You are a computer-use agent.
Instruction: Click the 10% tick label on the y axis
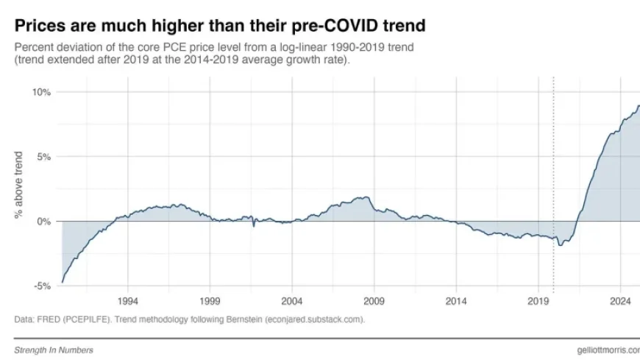pos(40,92)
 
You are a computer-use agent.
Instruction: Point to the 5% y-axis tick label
pos(43,157)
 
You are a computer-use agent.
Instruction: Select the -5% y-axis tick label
pos(42,286)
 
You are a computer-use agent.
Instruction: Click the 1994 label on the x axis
pos(128,302)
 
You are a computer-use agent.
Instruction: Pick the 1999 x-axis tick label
pos(210,302)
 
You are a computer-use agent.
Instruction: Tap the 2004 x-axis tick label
pos(292,302)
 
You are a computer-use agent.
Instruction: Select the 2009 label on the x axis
pos(374,302)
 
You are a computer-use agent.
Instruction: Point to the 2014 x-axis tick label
pos(456,302)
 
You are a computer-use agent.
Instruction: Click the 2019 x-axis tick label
pos(538,302)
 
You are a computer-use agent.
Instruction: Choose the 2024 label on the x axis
pos(620,302)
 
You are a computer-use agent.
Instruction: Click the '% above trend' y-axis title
pos(18,185)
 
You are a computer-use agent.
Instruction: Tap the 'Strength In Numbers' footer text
pos(54,350)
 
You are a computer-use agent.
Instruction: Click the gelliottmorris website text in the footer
pos(608,350)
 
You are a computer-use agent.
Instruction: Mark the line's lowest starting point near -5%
pos(63,282)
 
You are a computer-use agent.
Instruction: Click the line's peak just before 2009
pos(365,197)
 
